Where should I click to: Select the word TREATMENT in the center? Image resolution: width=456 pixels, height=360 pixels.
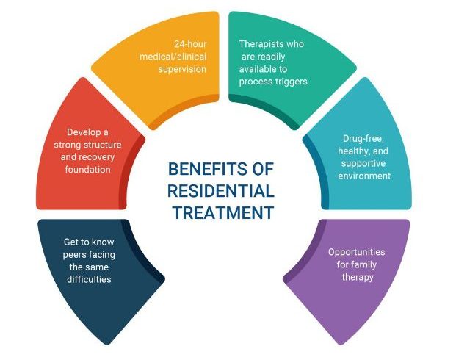[x=223, y=213]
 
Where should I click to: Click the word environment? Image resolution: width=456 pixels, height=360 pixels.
[x=364, y=176]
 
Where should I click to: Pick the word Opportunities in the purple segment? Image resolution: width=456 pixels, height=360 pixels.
[x=355, y=252]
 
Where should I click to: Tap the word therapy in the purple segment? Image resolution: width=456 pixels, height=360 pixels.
[x=356, y=277]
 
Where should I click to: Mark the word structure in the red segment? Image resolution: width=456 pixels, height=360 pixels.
[x=99, y=145]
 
